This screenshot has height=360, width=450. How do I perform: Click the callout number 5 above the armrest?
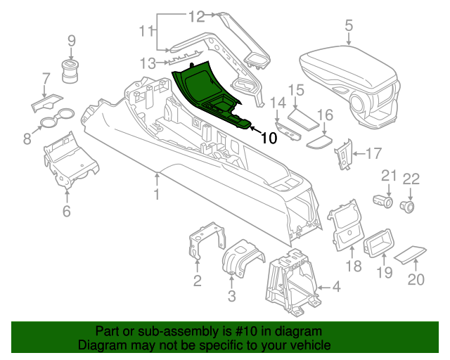[x=349, y=26]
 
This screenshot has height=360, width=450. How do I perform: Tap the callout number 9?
[x=71, y=41]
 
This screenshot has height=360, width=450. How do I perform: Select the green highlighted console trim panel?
[x=204, y=91]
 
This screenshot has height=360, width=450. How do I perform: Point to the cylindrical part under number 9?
[x=71, y=71]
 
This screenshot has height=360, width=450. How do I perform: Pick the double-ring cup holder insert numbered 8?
[x=56, y=117]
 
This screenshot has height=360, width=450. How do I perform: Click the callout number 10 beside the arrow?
[x=269, y=139]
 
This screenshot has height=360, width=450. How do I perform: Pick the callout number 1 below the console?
[x=157, y=194]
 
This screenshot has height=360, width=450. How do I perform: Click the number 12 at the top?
[x=196, y=15]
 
